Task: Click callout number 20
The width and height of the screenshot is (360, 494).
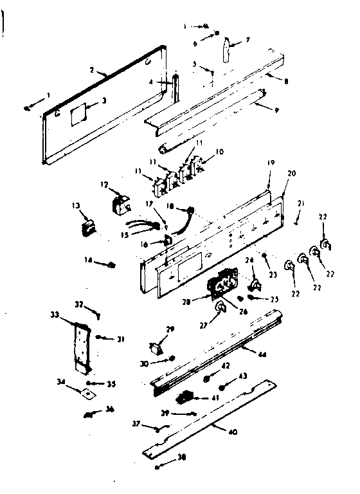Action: pos(291,173)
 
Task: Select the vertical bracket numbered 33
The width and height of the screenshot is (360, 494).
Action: pos(80,346)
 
